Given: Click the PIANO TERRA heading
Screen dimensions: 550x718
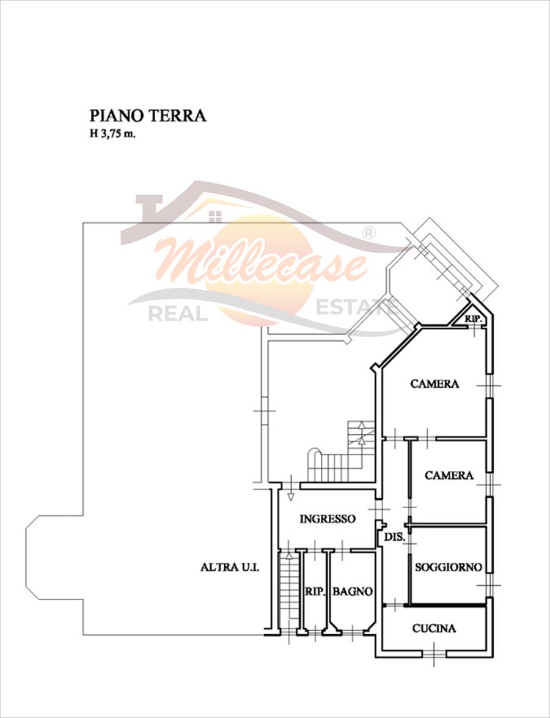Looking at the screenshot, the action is click(x=148, y=116).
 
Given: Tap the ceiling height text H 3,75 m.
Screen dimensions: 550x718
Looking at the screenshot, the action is click(x=112, y=135).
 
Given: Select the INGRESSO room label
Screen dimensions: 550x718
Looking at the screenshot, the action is click(x=328, y=519).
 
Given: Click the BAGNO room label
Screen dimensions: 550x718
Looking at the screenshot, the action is click(x=353, y=591).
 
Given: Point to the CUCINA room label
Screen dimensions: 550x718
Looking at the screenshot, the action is click(x=435, y=629).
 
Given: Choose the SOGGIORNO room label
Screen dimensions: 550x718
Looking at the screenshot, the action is click(x=449, y=568).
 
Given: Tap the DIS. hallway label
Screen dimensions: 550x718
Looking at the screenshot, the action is click(x=395, y=538).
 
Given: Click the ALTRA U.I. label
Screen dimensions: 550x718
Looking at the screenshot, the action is click(x=230, y=568).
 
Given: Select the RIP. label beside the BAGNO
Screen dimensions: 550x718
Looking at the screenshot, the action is click(x=315, y=591).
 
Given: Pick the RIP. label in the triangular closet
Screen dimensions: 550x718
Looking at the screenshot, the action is click(x=474, y=319).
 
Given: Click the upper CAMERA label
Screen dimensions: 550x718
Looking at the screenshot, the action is click(x=435, y=383).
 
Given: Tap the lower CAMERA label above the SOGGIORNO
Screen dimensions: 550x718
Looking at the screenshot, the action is click(x=449, y=476).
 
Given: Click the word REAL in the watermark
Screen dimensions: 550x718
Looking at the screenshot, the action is click(x=178, y=314).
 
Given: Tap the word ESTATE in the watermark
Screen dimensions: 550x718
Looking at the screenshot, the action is click(x=358, y=307).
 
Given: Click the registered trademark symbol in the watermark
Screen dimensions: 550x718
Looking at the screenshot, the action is click(x=369, y=233).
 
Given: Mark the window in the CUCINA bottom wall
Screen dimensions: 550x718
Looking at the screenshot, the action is click(x=434, y=653).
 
